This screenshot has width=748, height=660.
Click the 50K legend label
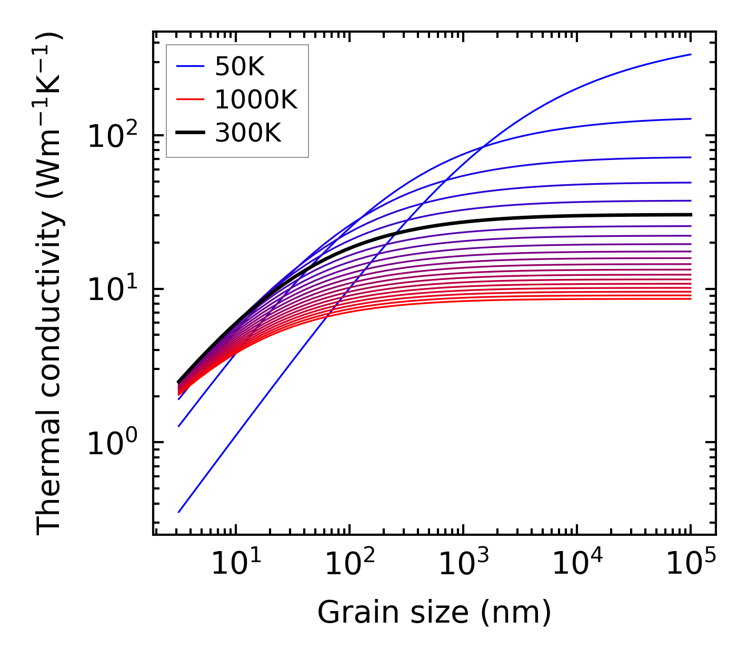coord(239,66)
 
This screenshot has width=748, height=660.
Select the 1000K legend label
coord(256,99)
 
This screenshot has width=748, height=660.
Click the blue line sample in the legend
coord(190,66)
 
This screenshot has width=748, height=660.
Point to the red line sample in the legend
coord(190,99)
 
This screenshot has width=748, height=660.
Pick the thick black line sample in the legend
coord(190,133)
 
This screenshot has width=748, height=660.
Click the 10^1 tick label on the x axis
coord(235,564)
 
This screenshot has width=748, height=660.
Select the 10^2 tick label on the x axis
coord(350,564)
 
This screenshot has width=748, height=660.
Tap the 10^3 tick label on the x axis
coord(463,564)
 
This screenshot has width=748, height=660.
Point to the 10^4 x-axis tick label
coord(577,564)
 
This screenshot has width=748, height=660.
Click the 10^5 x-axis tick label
coord(691,564)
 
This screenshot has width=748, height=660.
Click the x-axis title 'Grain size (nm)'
coord(434,612)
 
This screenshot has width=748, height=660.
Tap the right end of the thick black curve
coord(691,215)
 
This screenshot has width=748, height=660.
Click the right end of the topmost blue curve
coord(691,54)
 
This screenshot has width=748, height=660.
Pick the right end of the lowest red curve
coord(691,299)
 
